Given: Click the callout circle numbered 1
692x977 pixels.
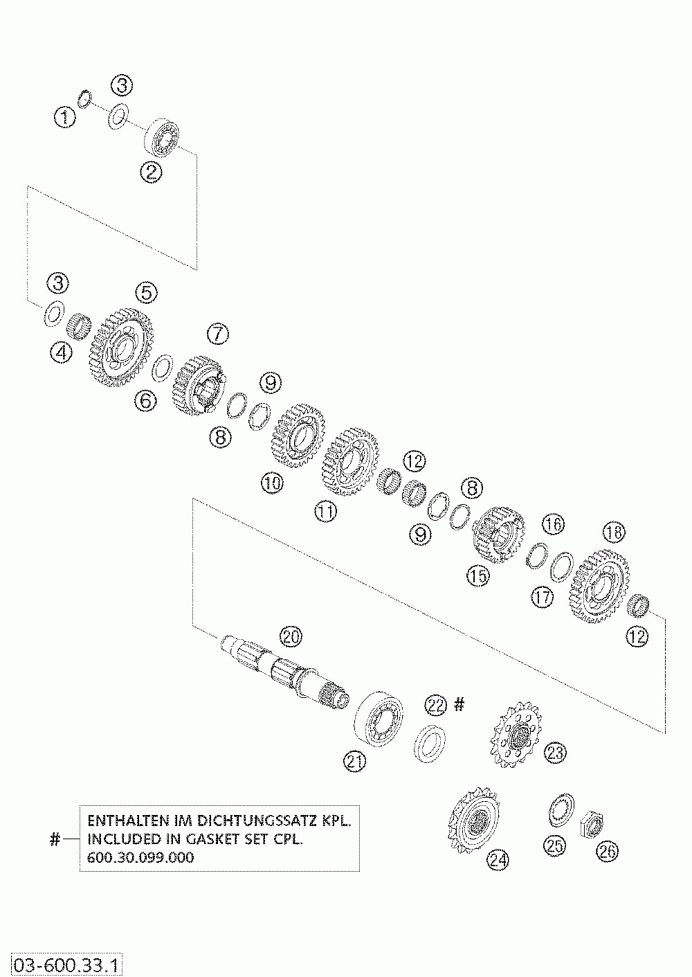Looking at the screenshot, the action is click(x=66, y=117).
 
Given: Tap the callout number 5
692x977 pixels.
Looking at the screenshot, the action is click(x=146, y=292).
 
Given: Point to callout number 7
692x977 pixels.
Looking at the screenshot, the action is click(x=217, y=334).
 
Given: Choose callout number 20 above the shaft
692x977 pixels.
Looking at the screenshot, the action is click(x=291, y=637).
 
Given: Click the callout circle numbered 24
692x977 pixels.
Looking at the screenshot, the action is click(x=498, y=859).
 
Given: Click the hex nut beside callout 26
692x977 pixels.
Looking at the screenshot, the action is click(x=592, y=822).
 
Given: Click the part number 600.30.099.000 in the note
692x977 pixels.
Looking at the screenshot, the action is click(x=140, y=857).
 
